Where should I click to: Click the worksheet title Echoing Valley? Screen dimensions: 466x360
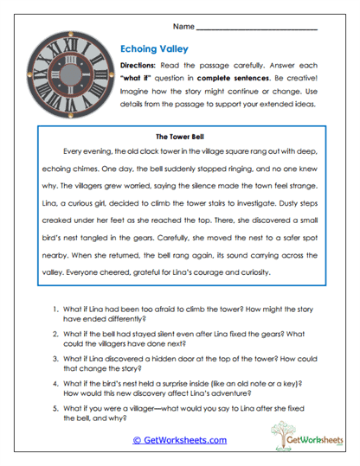click(x=152, y=49)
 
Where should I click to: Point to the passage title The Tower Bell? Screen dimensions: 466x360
click(x=180, y=136)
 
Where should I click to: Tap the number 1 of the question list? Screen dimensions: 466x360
click(x=55, y=308)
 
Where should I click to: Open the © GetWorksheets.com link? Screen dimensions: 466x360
click(x=180, y=440)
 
